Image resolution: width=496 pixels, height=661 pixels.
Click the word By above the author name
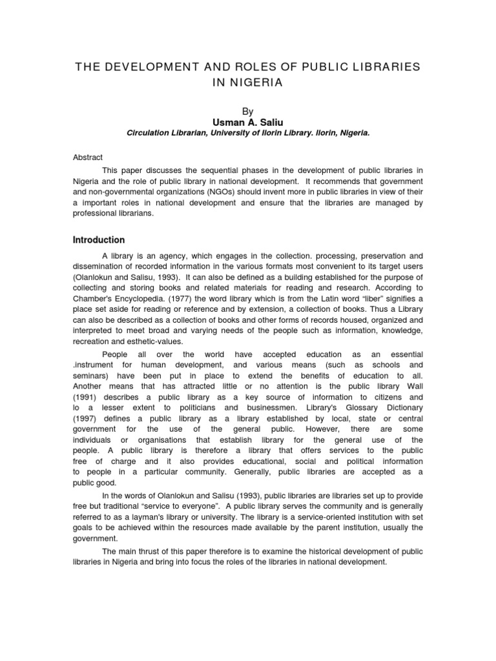(248, 112)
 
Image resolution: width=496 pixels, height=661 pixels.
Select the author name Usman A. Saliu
(248, 122)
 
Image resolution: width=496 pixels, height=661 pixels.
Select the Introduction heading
(99, 239)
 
